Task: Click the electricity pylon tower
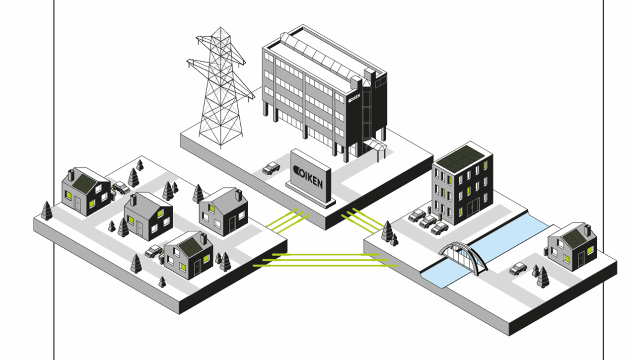click(x=218, y=89)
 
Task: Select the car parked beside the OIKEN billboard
click(x=271, y=168)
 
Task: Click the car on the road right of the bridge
click(x=518, y=269)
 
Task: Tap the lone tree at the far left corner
click(x=47, y=211)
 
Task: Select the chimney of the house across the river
click(x=587, y=230)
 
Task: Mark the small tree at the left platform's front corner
click(x=162, y=282)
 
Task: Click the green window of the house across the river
click(x=566, y=258)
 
